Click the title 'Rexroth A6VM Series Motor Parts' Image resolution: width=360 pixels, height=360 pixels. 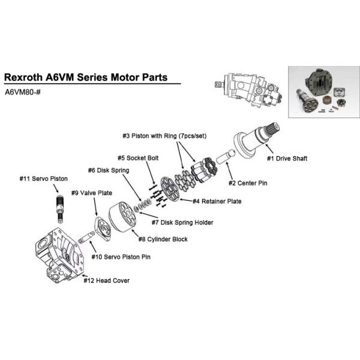point(85,77)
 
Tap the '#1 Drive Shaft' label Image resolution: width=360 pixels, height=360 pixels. point(287,158)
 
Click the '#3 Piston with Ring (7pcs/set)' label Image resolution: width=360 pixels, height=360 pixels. point(164,136)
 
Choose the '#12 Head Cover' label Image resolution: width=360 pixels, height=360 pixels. point(106,280)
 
